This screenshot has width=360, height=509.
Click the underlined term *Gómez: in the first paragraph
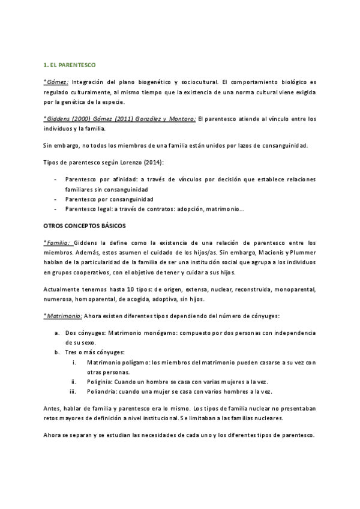coord(57,81)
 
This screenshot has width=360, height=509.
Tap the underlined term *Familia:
coord(58,242)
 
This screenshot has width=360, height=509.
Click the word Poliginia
coord(100,382)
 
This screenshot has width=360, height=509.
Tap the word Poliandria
coord(102,392)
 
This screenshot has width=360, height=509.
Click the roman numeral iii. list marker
coord(73,392)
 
